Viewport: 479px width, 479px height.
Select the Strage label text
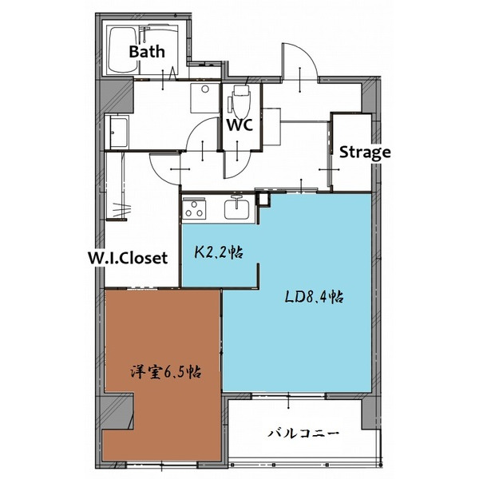tap(365, 152)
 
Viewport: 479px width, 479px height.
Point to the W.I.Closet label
tap(128, 258)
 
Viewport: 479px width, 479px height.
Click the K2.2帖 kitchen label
tap(220, 253)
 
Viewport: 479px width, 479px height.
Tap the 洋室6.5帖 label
tap(165, 372)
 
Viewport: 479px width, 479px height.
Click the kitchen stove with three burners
tap(195, 209)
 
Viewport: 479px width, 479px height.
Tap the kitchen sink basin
tap(237, 210)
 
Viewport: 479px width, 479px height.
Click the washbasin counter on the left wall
tap(119, 131)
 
